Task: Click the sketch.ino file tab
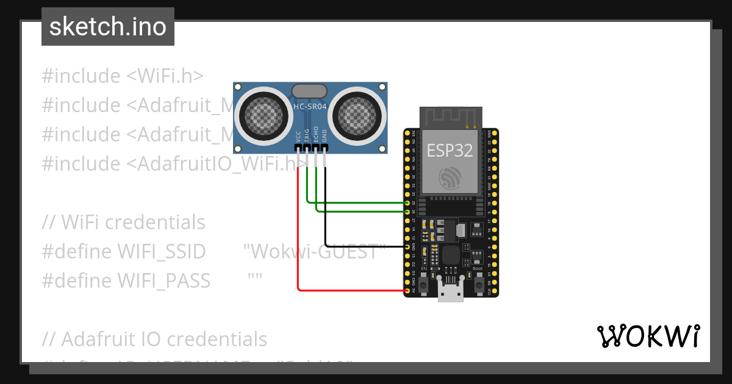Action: [x=108, y=27]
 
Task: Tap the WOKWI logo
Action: [x=647, y=336]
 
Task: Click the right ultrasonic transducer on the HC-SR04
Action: [x=358, y=113]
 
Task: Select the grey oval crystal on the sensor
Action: [x=310, y=91]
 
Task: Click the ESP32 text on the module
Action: [x=450, y=151]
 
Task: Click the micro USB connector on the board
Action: [x=451, y=293]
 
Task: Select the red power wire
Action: [x=298, y=244]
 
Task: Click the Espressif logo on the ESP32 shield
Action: [x=450, y=177]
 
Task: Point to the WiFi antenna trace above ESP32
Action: [x=450, y=116]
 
